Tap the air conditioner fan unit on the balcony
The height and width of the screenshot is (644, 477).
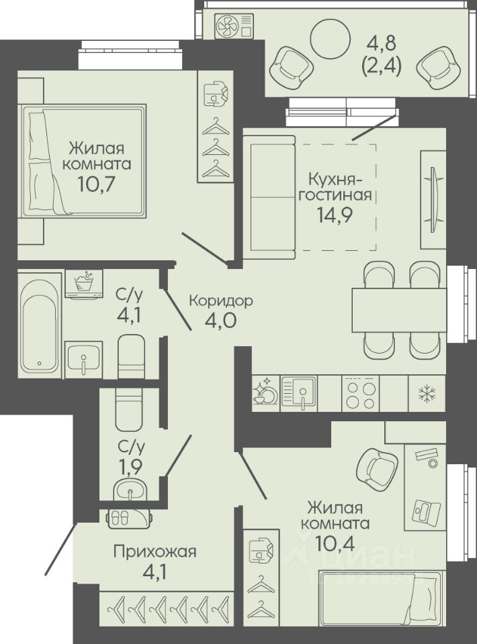(234, 27)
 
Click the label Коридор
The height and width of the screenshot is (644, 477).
(221, 301)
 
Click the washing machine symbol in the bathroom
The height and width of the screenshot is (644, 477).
(84, 284)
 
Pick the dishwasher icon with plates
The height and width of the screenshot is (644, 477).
(265, 392)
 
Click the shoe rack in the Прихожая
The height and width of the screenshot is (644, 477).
(130, 519)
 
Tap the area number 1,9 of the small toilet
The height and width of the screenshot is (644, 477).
(131, 466)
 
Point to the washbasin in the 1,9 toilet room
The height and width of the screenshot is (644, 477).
(130, 490)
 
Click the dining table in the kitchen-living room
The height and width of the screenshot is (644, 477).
(399, 310)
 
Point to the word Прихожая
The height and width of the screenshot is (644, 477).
(155, 552)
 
